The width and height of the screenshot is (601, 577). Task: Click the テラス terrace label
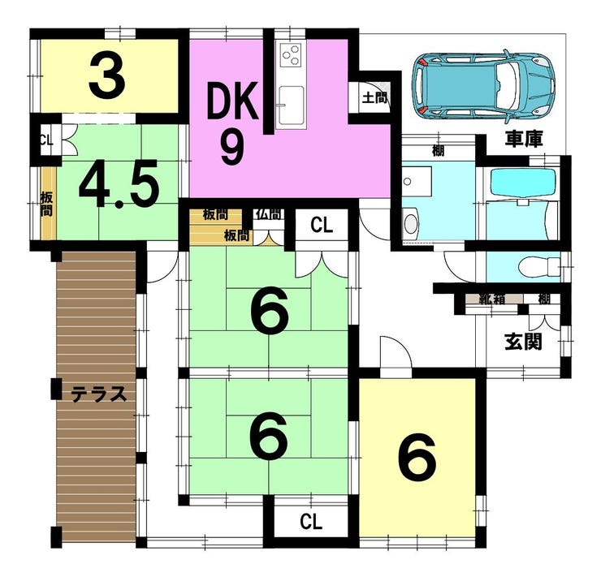point(98,395)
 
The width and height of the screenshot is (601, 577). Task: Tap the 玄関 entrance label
point(523,342)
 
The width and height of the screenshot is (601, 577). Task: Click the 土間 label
point(374,99)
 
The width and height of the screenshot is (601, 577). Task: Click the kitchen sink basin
point(291,105)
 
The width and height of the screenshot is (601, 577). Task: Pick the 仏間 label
point(267,215)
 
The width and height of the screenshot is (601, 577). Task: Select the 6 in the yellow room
point(417,459)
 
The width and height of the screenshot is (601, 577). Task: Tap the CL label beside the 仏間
point(322,226)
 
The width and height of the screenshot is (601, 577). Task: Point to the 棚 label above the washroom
point(438,150)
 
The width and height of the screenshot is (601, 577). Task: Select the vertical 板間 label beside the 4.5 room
point(46,203)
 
